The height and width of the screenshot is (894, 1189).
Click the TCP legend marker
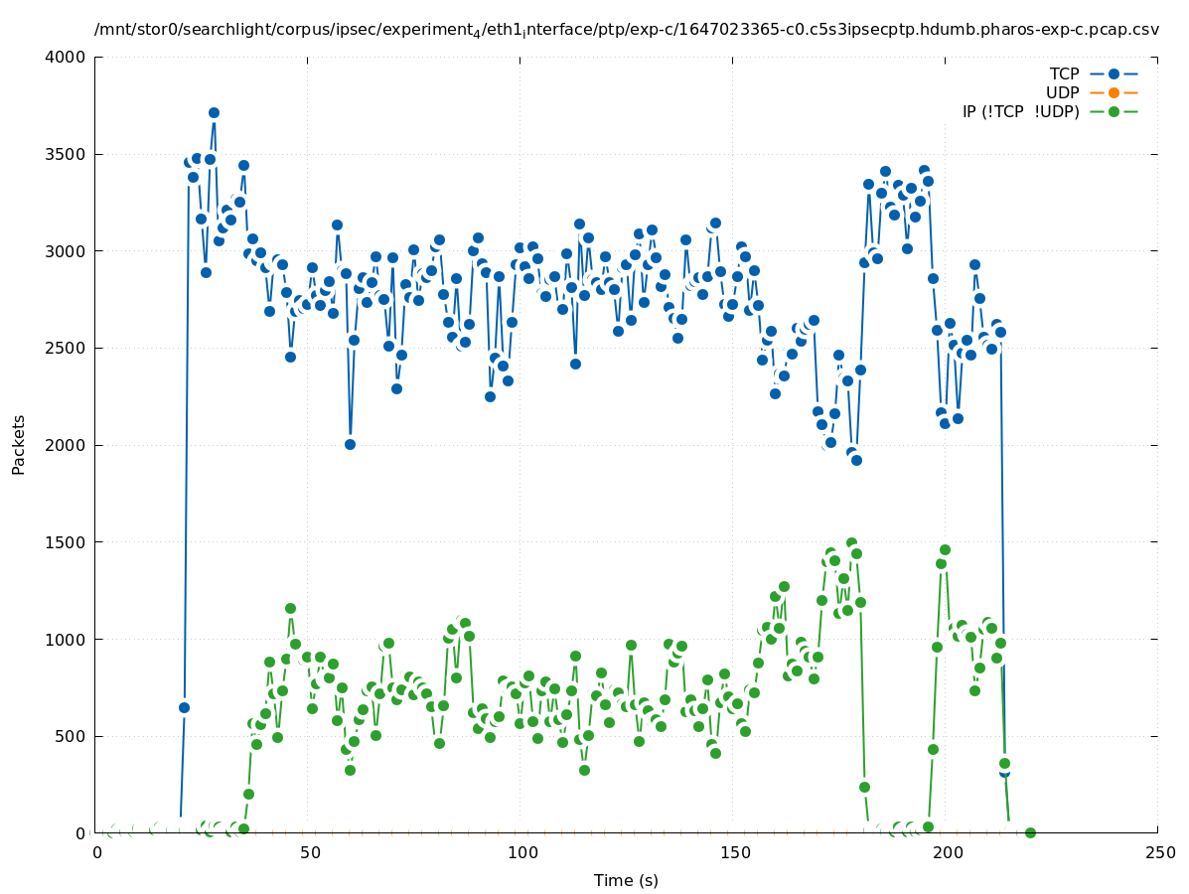click(1114, 74)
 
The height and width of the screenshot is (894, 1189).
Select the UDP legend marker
click(1114, 92)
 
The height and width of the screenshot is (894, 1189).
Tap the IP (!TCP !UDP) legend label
click(1020, 111)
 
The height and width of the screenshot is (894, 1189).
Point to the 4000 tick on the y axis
click(67, 58)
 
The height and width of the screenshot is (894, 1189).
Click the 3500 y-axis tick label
click(67, 154)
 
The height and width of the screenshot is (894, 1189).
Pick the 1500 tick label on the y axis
click(67, 542)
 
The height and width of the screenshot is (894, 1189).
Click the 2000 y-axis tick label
click(67, 445)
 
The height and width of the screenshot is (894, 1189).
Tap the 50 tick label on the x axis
click(310, 852)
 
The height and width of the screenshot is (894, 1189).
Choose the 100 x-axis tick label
click(522, 852)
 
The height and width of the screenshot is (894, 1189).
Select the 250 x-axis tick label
click(1159, 852)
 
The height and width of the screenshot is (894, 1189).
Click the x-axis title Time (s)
click(626, 880)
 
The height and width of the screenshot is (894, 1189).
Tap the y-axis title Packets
click(19, 444)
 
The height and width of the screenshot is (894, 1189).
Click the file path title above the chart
click(626, 30)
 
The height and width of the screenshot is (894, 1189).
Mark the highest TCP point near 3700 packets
click(214, 113)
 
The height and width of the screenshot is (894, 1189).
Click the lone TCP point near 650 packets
click(184, 707)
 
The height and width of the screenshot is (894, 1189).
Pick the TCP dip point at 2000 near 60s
click(350, 444)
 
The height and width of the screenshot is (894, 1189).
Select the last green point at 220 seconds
click(1030, 832)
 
